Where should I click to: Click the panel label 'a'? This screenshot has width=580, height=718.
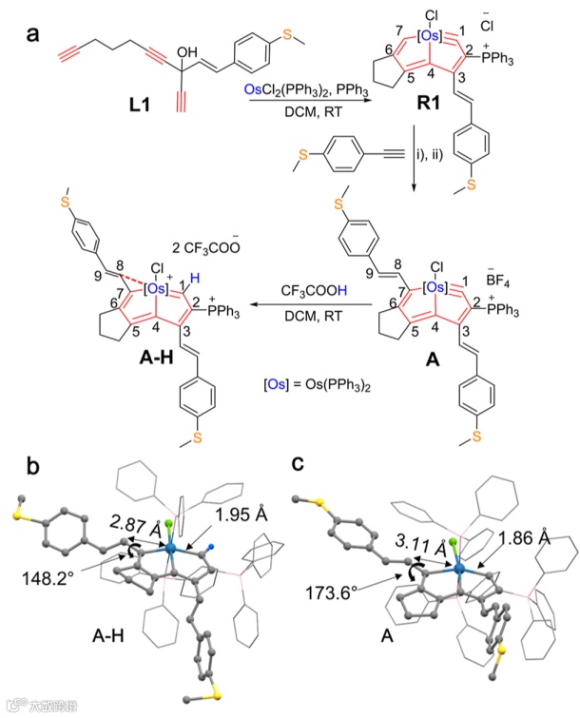tap(35, 35)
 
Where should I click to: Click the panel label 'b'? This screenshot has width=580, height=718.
tap(34, 467)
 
